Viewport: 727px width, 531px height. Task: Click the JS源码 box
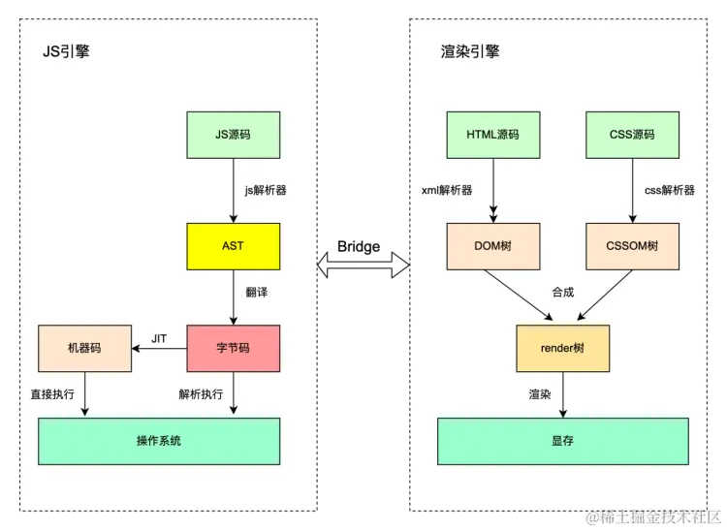pyautogui.click(x=233, y=135)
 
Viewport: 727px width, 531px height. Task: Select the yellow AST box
pyautogui.click(x=233, y=246)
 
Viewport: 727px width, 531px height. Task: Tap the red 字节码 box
pyautogui.click(x=233, y=348)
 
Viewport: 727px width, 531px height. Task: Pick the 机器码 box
pyautogui.click(x=83, y=348)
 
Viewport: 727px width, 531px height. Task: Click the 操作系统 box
pyautogui.click(x=159, y=441)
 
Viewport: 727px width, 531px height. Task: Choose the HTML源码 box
pyautogui.click(x=492, y=135)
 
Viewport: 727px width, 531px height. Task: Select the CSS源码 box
pyautogui.click(x=633, y=135)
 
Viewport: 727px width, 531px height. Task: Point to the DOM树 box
pyautogui.click(x=492, y=246)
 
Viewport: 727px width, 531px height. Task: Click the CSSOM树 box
pyautogui.click(x=633, y=246)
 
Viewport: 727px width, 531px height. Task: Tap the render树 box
pyautogui.click(x=562, y=348)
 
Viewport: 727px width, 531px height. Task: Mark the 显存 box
pyautogui.click(x=562, y=441)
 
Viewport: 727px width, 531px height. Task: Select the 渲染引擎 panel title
pyautogui.click(x=470, y=51)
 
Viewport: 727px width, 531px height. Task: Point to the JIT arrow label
pyautogui.click(x=160, y=338)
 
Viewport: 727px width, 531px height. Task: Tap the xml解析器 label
pyautogui.click(x=447, y=190)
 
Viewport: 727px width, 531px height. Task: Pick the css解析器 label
pyautogui.click(x=670, y=190)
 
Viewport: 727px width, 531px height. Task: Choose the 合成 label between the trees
pyautogui.click(x=563, y=292)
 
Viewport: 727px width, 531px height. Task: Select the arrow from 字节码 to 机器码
pyautogui.click(x=158, y=349)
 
